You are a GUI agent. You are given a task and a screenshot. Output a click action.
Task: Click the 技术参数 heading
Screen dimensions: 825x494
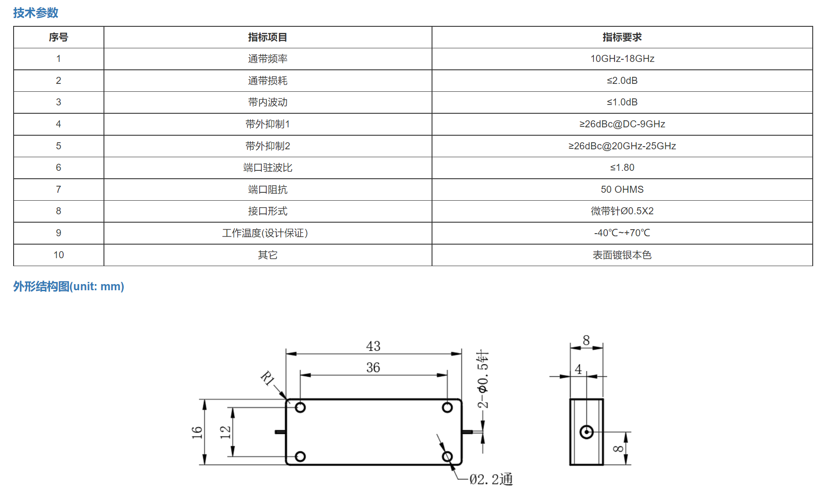tap(36, 13)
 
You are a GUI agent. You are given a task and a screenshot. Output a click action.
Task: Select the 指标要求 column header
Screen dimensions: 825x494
tap(622, 37)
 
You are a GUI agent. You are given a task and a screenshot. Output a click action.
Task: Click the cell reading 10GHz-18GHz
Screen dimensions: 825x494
tap(622, 59)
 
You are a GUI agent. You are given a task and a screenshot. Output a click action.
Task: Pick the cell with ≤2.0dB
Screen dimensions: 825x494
tap(622, 81)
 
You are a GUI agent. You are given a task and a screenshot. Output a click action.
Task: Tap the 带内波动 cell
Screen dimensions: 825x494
tap(268, 102)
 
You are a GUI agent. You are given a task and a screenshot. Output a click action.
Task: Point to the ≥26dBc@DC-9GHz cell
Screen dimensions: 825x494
tap(622, 124)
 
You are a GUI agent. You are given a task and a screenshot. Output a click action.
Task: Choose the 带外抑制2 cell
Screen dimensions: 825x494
tap(268, 146)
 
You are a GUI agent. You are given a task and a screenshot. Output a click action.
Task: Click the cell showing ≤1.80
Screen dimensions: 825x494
tap(622, 168)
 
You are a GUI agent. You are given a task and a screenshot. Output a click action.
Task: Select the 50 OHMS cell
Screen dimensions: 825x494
tap(622, 189)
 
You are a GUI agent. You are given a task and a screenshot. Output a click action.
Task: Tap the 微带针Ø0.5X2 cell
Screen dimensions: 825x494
tap(622, 211)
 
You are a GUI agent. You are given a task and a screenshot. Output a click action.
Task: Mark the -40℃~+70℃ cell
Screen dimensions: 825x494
tap(622, 233)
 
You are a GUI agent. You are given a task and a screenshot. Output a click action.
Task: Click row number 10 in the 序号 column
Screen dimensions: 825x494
tap(59, 255)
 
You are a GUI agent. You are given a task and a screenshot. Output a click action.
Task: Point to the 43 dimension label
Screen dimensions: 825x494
tap(373, 346)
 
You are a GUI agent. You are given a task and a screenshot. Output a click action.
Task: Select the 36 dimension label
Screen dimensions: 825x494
tap(373, 368)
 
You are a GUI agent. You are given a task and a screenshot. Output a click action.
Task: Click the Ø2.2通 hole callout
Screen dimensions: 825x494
tap(491, 479)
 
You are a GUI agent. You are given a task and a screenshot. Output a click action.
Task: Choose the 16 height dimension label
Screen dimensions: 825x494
tap(197, 433)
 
